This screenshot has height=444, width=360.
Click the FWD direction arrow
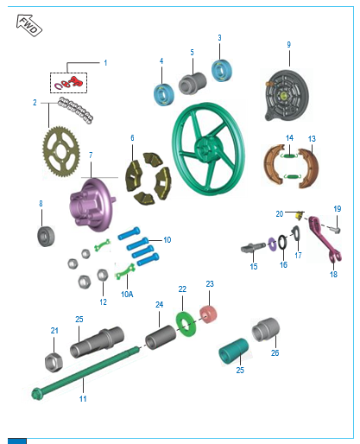tap(29, 25)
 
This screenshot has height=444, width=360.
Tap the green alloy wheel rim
tap(209, 149)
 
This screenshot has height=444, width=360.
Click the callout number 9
tap(288, 45)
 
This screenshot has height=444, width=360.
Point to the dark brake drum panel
tap(287, 95)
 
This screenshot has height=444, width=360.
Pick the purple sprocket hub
tap(92, 205)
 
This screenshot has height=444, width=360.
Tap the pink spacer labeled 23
tap(208, 314)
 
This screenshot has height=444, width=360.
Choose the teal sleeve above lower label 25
tap(233, 352)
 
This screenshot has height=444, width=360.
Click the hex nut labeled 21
tap(54, 362)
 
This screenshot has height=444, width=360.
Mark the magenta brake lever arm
tap(325, 239)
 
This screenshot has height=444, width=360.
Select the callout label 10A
tap(127, 295)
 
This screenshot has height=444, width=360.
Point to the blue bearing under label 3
tap(221, 71)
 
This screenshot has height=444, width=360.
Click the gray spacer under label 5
tap(193, 84)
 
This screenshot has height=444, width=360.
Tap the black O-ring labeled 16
tap(282, 242)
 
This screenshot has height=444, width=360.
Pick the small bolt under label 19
tap(334, 230)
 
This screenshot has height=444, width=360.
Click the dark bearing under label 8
tap(46, 236)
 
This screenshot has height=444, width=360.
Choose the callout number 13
tap(312, 139)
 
